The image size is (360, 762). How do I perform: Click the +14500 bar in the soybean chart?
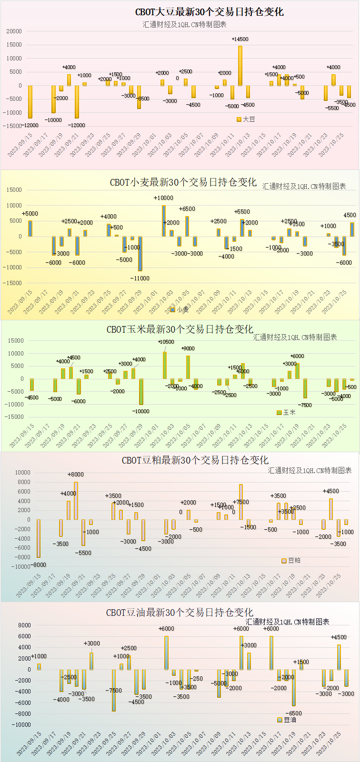240,66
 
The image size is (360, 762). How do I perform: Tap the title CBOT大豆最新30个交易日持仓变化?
209,12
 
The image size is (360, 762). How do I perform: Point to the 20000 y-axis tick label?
14,31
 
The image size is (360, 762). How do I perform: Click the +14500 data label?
240,40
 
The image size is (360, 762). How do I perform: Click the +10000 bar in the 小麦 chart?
164,221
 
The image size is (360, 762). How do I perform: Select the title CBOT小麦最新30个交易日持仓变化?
183,182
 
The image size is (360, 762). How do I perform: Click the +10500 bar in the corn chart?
165,365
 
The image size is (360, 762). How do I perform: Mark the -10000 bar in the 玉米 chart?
141,392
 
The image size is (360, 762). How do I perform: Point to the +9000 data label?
188,348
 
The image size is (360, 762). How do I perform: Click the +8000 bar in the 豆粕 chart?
76,501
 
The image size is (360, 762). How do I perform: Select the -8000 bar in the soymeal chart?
39,538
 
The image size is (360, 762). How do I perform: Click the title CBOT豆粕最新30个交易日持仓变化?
195,460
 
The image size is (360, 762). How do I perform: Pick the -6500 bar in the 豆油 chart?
294,687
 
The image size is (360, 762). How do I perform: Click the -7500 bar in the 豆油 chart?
114,690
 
